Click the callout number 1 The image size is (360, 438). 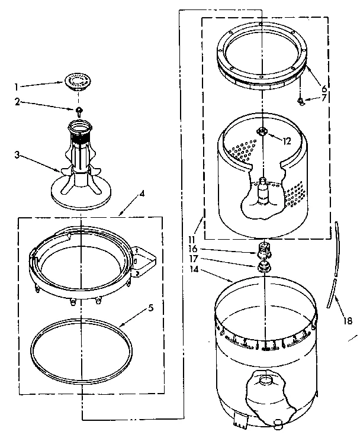pos(18,86)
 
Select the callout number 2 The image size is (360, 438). pos(18,102)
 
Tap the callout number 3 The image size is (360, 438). pos(18,155)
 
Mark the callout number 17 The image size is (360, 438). pos(192,259)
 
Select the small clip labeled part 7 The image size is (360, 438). pos(303,101)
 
